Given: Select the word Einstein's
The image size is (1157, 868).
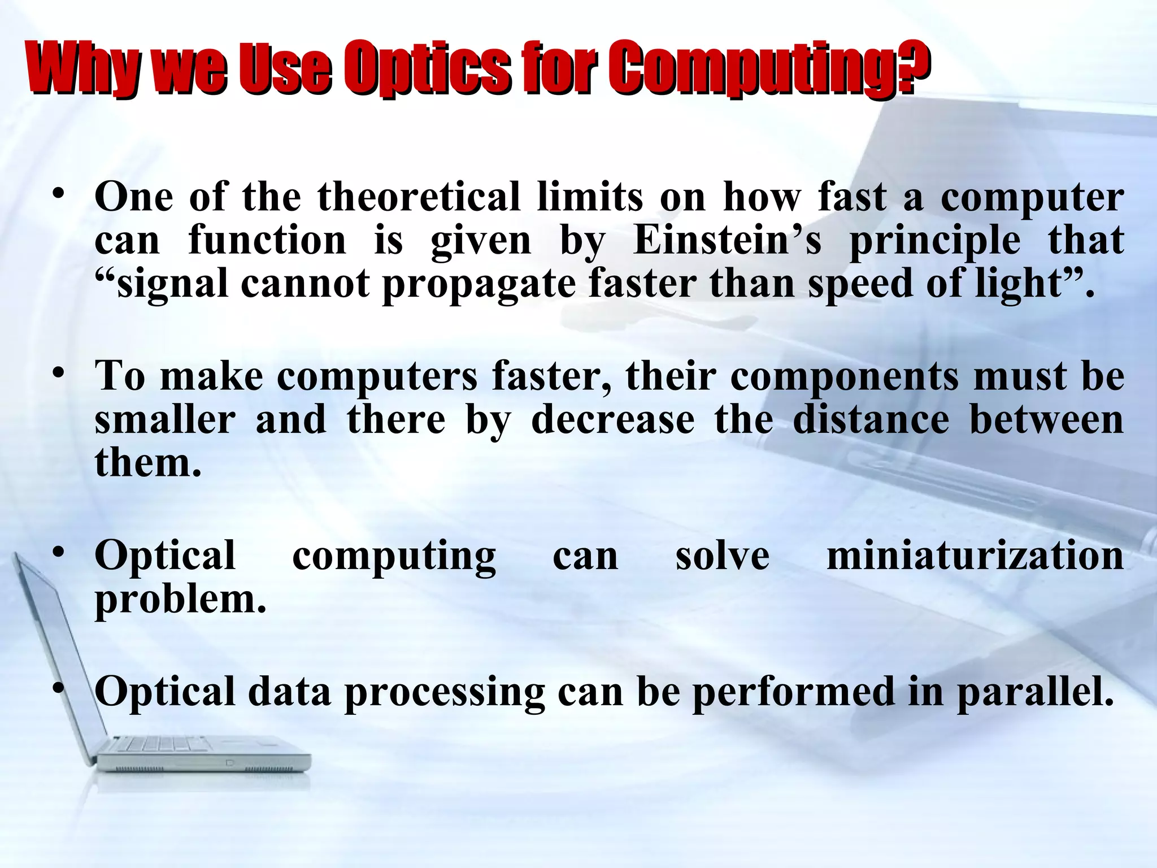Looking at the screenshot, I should click(728, 241).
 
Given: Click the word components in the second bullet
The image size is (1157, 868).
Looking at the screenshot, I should click(844, 376).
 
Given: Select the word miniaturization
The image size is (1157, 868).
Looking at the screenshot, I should click(975, 555).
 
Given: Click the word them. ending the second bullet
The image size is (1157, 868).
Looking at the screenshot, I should click(148, 462).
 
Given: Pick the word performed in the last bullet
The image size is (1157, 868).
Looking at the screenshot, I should click(793, 692).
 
